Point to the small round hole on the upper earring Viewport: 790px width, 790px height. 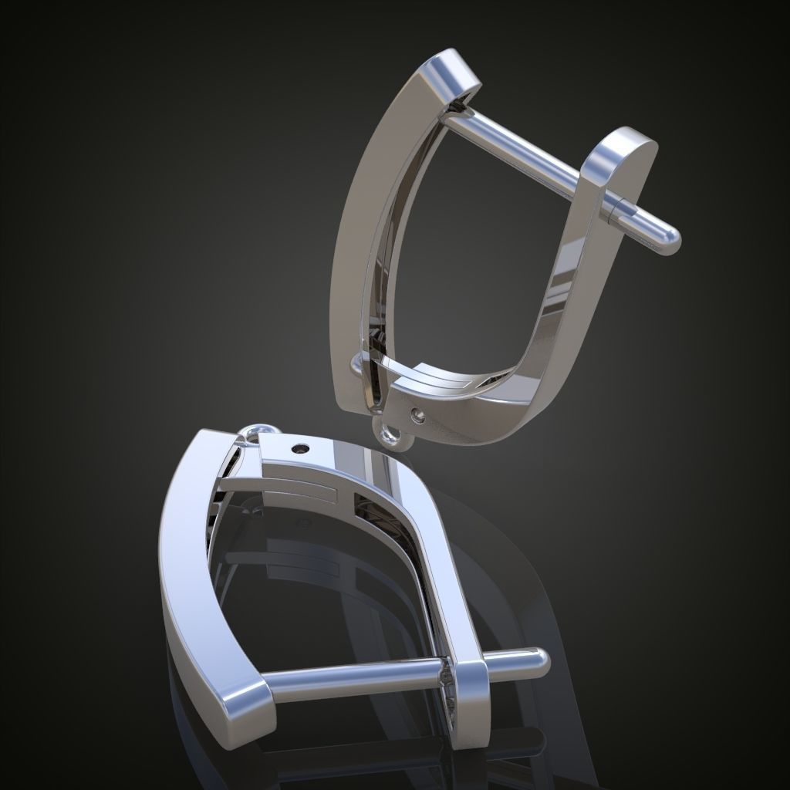tap(419, 417)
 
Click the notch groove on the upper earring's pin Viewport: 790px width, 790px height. tap(615, 207)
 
